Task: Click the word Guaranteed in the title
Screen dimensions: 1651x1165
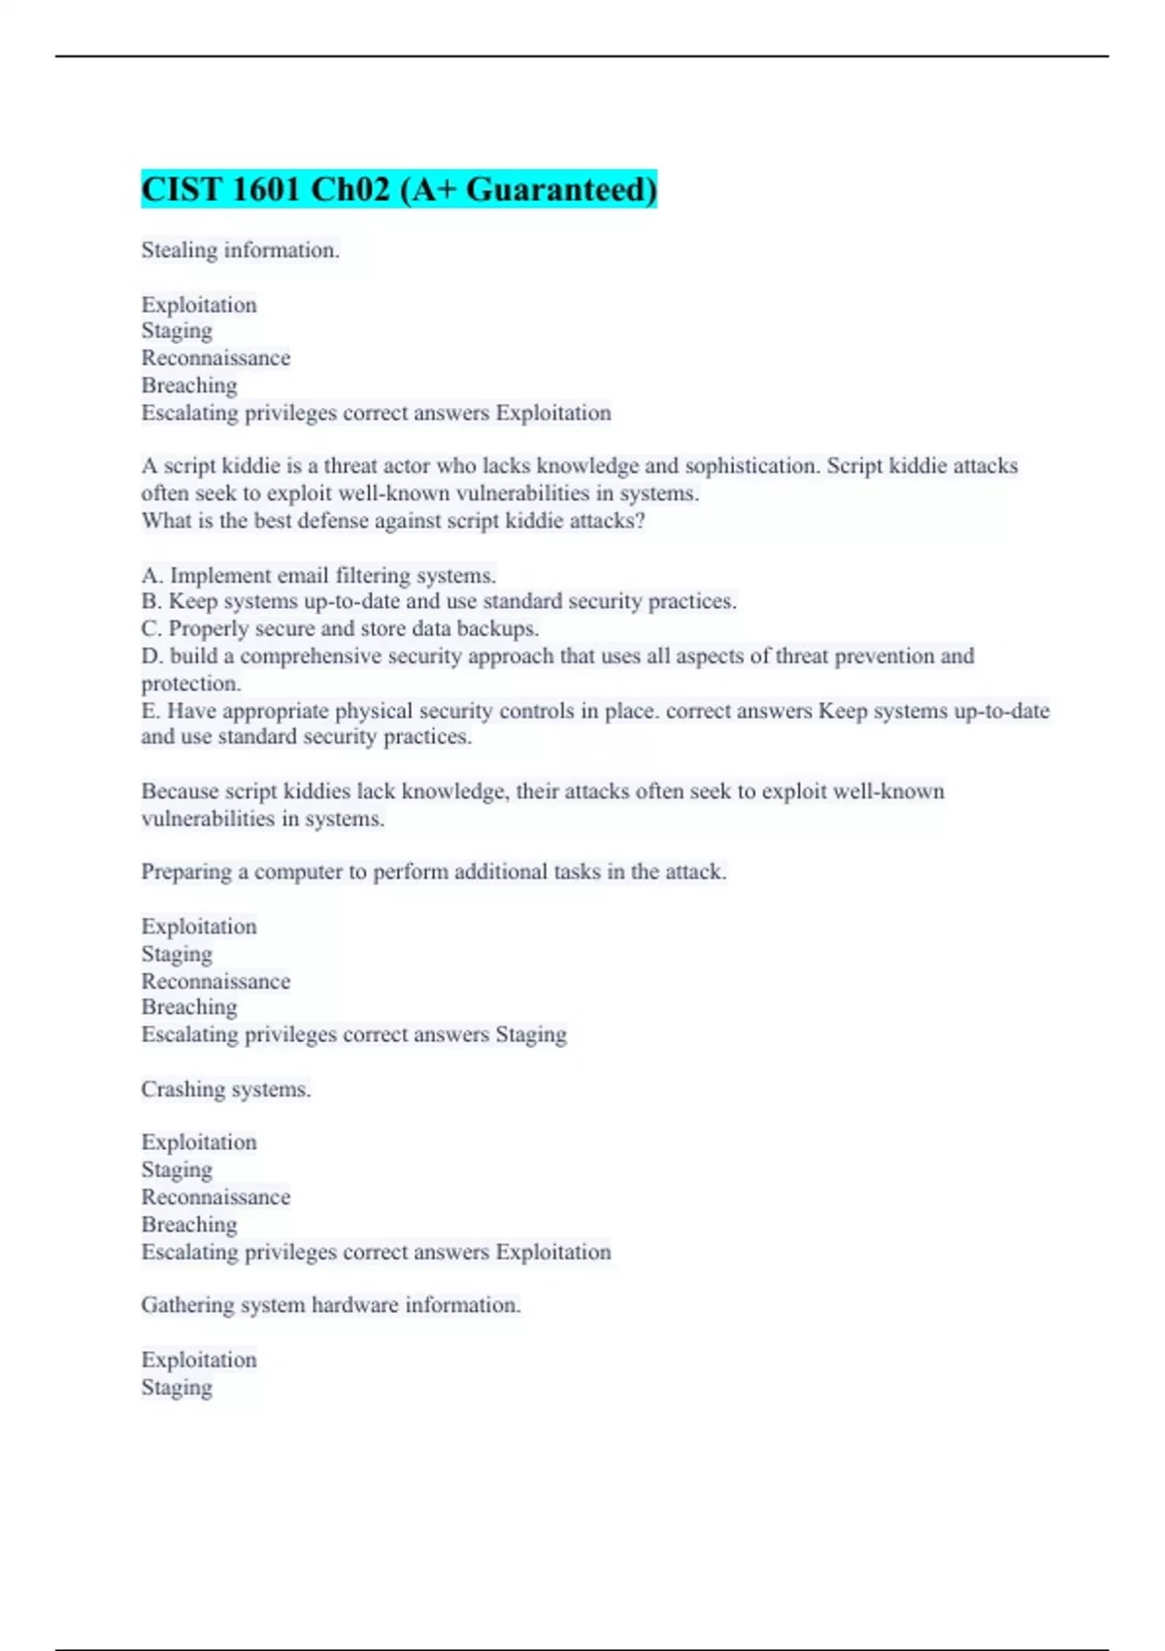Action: [561, 189]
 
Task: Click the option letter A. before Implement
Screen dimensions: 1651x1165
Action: [152, 575]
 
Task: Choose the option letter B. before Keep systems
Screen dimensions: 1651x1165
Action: [151, 601]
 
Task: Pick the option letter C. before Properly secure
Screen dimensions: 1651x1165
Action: [151, 628]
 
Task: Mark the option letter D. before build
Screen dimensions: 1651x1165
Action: [152, 656]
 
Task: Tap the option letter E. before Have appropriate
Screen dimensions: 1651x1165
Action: [150, 711]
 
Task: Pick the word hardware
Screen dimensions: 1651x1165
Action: [354, 1305]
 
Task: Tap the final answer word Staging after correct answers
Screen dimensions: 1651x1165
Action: [531, 1035]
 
